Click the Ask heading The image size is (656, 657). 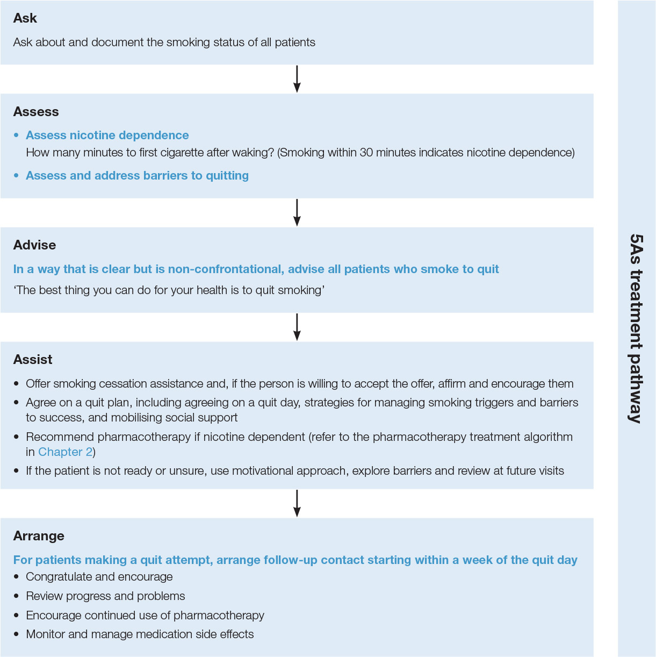[x=25, y=18]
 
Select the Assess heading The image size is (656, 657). [x=36, y=112]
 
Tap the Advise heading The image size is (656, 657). [x=34, y=245]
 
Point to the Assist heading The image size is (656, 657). [x=33, y=360]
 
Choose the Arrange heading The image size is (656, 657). [x=39, y=536]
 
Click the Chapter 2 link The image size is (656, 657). [x=65, y=452]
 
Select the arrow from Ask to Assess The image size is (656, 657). [x=297, y=79]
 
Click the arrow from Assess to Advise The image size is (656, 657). [x=297, y=212]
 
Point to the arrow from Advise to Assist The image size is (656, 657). [x=297, y=327]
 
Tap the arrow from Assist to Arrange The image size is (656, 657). [x=297, y=503]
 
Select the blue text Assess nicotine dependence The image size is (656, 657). [x=107, y=135]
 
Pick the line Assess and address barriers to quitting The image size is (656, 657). [x=137, y=176]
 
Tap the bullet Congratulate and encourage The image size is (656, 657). [x=99, y=577]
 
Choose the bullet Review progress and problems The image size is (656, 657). [x=105, y=596]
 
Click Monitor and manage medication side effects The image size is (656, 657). [x=140, y=634]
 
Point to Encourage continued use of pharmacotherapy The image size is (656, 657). [x=145, y=615]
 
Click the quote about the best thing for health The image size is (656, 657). [x=169, y=290]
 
